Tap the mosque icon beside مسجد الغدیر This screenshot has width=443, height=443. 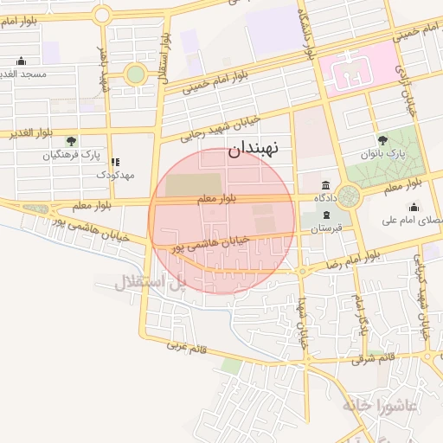(22, 61)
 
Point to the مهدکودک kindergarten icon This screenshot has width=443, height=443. (116, 162)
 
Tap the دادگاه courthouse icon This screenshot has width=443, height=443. (324, 185)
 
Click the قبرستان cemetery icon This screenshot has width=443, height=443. (315, 215)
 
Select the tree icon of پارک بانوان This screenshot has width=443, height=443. (382, 139)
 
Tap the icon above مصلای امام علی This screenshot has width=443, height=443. (414, 207)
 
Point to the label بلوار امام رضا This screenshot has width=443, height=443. (356, 259)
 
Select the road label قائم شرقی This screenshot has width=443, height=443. (373, 356)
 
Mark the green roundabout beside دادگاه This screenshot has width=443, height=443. (349, 196)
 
